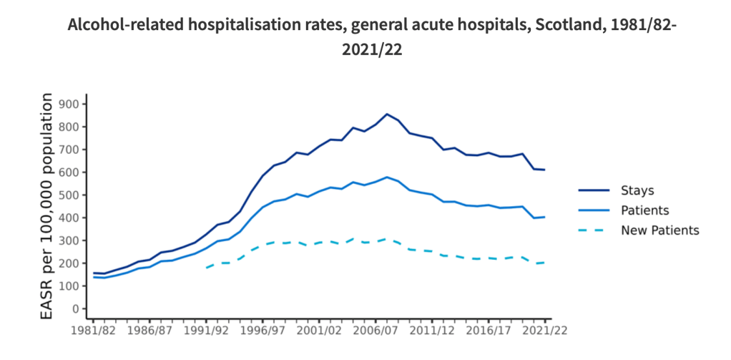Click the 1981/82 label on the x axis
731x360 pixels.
93,332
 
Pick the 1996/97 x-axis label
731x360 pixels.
263,332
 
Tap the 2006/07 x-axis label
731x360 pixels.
376,332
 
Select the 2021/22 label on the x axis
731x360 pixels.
545,332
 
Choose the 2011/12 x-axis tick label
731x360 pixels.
432,332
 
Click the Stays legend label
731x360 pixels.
637,190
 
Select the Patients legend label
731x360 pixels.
644,210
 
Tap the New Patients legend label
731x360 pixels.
659,230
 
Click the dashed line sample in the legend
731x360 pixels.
594,230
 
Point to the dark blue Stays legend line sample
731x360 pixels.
594,190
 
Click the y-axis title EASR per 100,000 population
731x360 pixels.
49,207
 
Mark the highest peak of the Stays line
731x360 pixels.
387,114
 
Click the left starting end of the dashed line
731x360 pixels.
206,268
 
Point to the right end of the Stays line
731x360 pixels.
545,170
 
